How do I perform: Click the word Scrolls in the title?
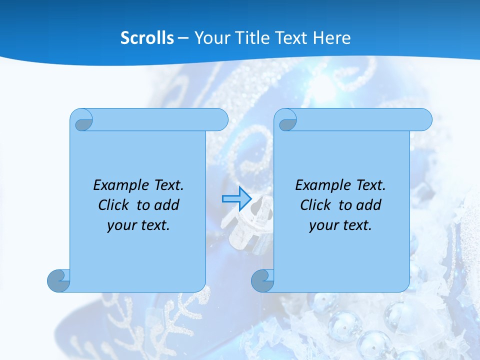click(147, 38)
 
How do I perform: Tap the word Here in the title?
click(331, 38)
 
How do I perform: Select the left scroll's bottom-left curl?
click(59, 280)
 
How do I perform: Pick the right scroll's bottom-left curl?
click(262, 280)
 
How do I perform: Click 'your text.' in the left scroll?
click(138, 225)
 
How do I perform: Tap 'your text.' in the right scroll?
click(340, 225)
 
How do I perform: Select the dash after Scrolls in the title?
click(183, 38)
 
